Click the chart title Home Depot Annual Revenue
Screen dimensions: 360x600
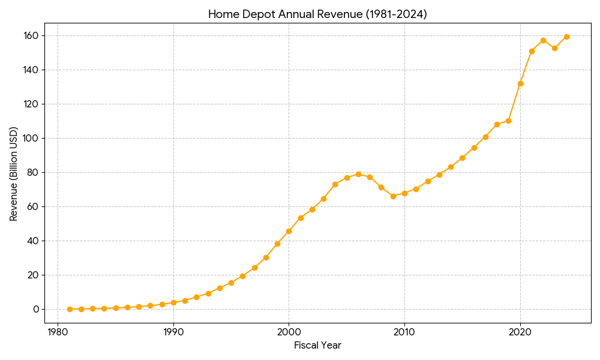[x=317, y=14]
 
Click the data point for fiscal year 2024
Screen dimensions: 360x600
[x=566, y=37]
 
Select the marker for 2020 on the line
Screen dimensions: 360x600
[x=520, y=83]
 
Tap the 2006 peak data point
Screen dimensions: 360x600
[x=358, y=174]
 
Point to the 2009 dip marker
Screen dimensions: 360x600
[x=393, y=196]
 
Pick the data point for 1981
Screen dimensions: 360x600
[x=70, y=309]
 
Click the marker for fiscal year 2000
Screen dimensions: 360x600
[x=289, y=231]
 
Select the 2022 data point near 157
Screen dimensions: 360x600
[x=543, y=40]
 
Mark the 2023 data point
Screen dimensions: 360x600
[x=554, y=48]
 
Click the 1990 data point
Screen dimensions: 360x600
[x=173, y=302]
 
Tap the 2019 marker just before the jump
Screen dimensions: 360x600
[x=508, y=121]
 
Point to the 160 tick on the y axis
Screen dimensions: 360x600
[x=31, y=35]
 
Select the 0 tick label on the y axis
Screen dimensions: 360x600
[x=36, y=309]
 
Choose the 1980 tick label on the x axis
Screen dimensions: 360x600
[x=58, y=332]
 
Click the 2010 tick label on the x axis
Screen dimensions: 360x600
[x=404, y=332]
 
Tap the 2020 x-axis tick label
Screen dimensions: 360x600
[x=520, y=332]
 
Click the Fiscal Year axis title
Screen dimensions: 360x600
[x=317, y=345]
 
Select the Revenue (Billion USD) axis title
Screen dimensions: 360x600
[x=14, y=173]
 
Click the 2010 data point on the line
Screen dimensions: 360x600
[x=404, y=193]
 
